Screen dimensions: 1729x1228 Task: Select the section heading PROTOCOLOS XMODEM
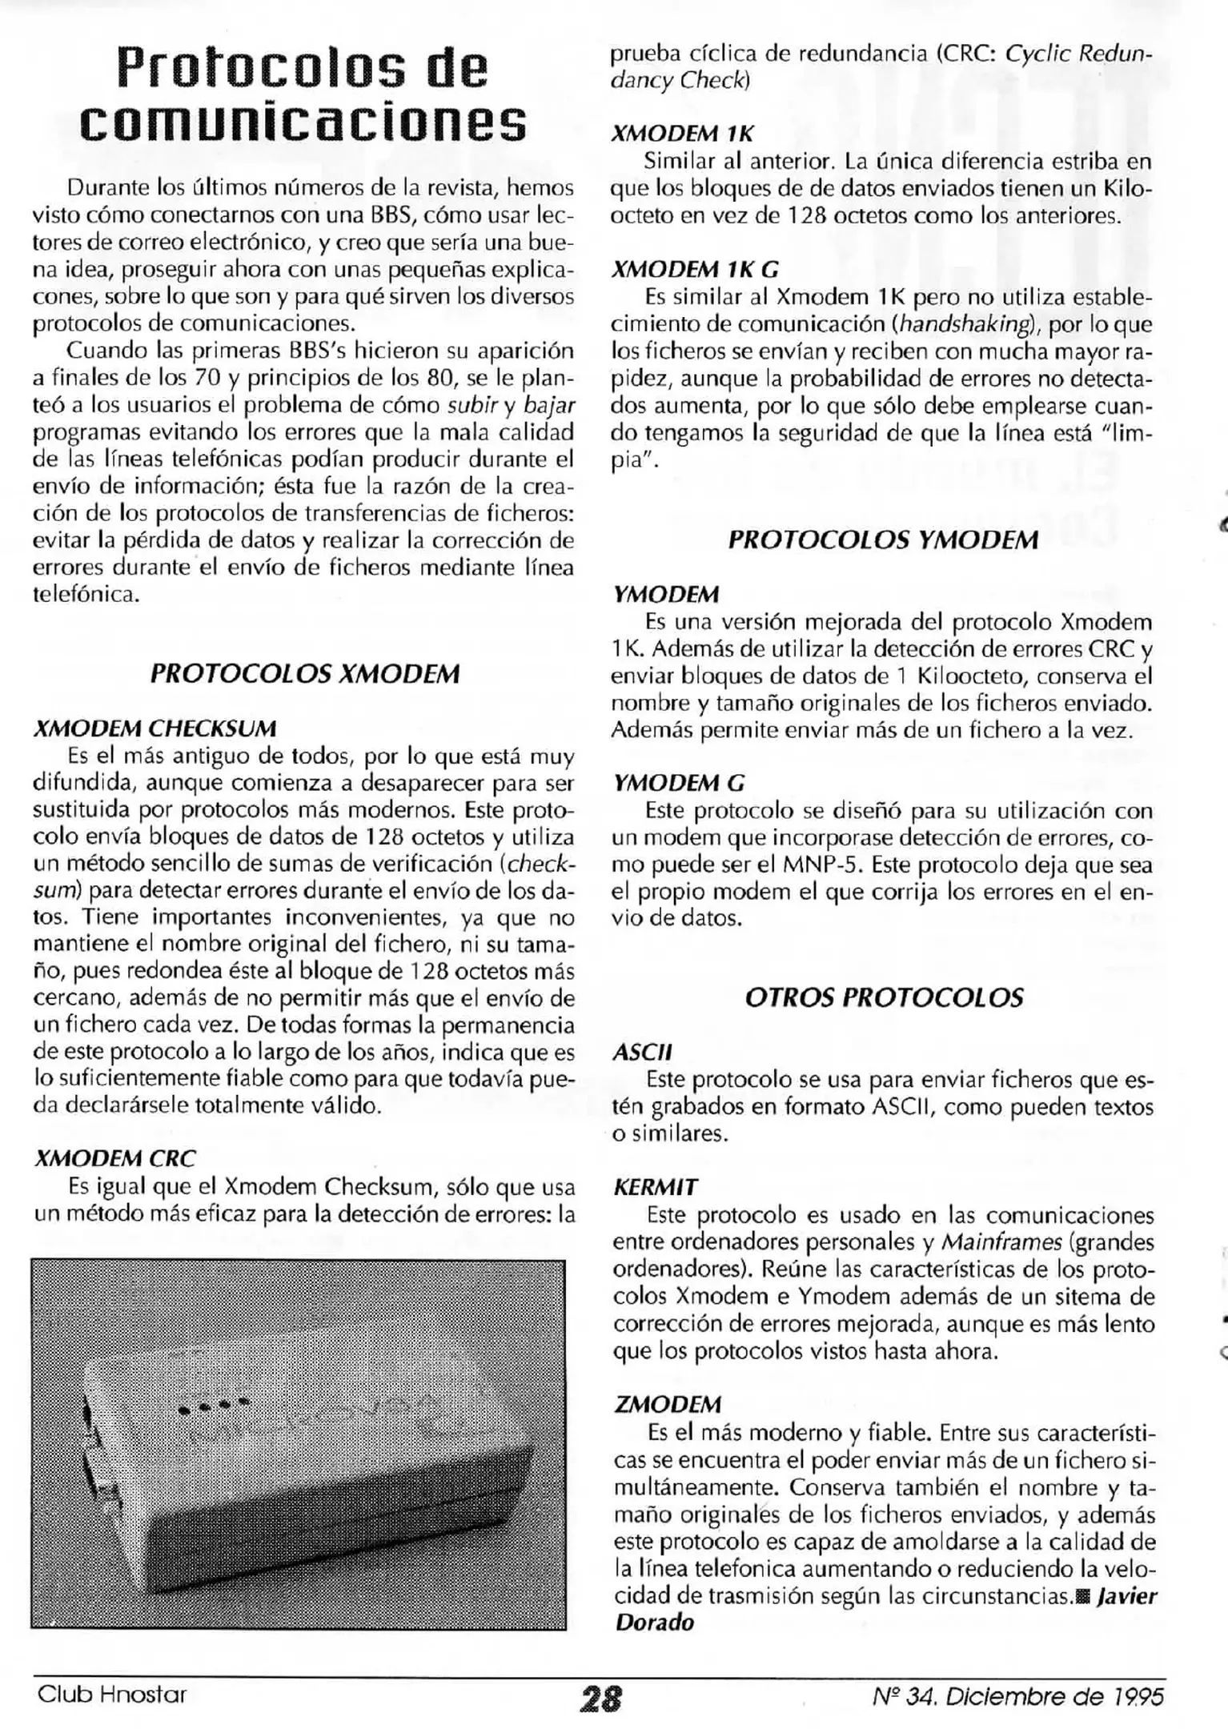[x=305, y=673]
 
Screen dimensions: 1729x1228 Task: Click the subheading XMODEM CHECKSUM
[x=155, y=728]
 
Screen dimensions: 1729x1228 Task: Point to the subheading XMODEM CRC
[x=114, y=1158]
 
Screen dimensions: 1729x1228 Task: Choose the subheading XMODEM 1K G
[x=695, y=269]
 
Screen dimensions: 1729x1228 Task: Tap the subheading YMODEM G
[x=679, y=783]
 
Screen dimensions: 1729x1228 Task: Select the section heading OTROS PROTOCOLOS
[x=884, y=997]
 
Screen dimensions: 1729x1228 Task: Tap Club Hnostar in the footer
[x=111, y=1694]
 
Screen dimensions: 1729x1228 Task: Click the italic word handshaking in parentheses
[x=964, y=324]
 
